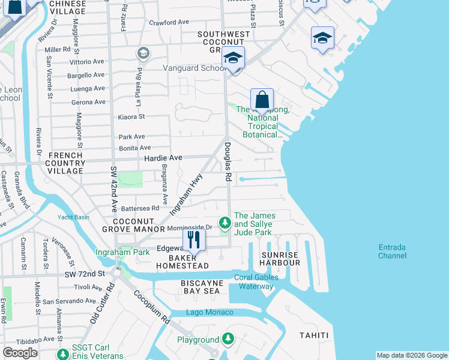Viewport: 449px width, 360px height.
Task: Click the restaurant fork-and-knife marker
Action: click(x=193, y=240)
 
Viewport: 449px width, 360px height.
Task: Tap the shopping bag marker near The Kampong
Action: click(x=262, y=99)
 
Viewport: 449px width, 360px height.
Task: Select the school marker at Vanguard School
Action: click(x=233, y=58)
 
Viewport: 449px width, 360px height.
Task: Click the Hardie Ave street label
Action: click(x=163, y=158)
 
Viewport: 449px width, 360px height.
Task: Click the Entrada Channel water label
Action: click(x=393, y=251)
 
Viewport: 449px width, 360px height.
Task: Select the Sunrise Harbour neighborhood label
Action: click(x=280, y=259)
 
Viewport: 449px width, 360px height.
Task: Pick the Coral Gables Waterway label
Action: click(x=256, y=281)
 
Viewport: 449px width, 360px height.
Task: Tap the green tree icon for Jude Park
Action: click(x=225, y=223)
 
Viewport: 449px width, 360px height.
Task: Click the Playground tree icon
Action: click(x=228, y=340)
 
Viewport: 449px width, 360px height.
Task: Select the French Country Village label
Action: click(x=65, y=163)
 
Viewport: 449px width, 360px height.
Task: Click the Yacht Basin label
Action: click(x=74, y=217)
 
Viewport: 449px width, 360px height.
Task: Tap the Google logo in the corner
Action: click(x=20, y=353)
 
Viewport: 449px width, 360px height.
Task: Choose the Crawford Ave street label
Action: click(x=169, y=22)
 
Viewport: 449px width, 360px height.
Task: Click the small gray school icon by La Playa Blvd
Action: click(x=143, y=54)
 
